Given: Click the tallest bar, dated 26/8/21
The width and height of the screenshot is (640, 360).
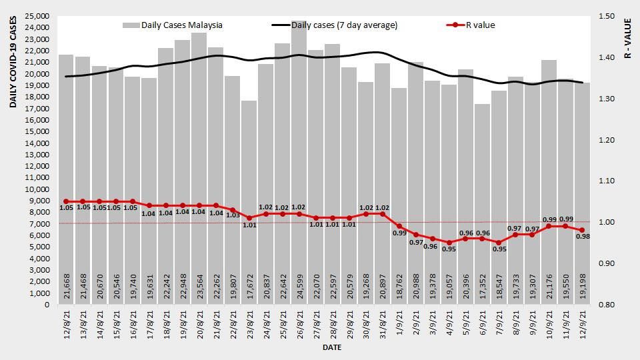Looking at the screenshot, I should tap(299, 167).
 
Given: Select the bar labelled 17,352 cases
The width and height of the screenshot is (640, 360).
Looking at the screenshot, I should tap(482, 200).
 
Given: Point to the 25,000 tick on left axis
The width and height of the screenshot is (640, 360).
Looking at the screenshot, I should tap(38, 16).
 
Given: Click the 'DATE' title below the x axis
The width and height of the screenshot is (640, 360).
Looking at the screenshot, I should tap(332, 347).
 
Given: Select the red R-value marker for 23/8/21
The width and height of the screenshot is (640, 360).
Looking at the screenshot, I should tap(249, 218).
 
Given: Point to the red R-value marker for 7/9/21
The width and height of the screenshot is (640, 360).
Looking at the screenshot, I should tap(499, 243).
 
